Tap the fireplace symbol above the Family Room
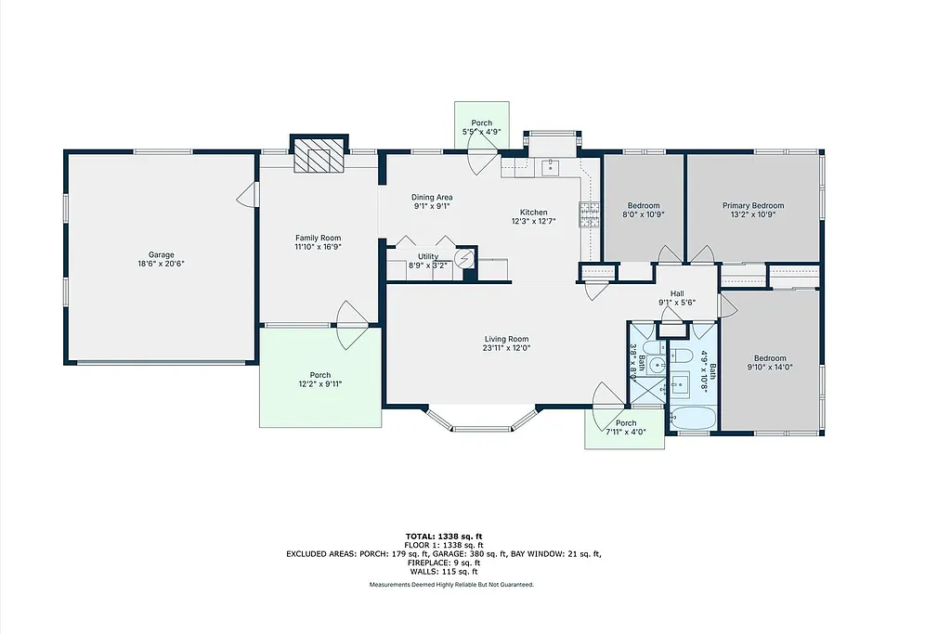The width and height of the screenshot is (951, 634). (319, 159)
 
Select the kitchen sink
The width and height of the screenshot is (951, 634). (551, 167)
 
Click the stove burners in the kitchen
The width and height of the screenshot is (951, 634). (588, 215)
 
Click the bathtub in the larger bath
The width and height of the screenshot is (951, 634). (691, 420)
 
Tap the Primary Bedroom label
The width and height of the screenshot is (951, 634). (753, 206)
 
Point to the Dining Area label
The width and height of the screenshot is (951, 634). (432, 197)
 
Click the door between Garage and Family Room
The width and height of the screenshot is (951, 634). (248, 195)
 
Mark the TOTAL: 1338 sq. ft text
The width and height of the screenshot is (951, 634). (443, 537)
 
